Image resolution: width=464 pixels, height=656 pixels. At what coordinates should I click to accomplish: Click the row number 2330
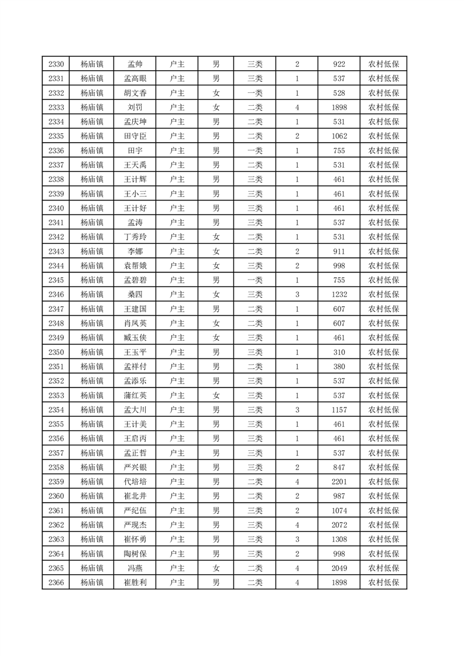point(56,64)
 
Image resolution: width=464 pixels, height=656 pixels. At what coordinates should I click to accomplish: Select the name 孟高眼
point(135,79)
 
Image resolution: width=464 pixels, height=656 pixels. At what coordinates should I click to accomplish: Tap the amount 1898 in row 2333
point(339,108)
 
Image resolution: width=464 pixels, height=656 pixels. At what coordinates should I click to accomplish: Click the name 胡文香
point(135,93)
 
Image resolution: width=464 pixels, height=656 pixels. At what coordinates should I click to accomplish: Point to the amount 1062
point(339,136)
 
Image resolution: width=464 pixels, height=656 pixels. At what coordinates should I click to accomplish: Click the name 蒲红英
point(135,395)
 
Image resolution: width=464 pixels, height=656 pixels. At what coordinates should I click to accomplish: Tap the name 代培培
point(135,482)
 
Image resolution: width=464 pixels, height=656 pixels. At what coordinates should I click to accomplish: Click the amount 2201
point(339,482)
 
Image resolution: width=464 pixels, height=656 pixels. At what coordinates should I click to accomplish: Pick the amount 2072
point(339,524)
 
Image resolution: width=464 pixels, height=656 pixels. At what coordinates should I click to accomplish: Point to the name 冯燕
point(135,568)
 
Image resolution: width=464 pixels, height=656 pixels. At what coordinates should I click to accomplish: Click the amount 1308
point(339,539)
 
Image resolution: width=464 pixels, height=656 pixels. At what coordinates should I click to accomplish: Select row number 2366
point(56,582)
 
